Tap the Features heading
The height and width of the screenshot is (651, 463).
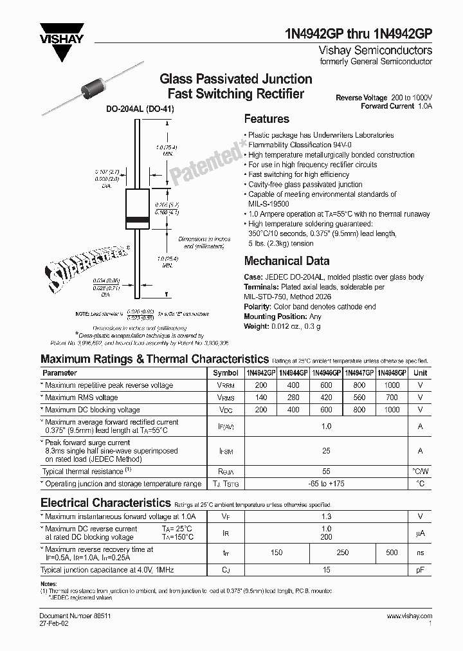point(266,119)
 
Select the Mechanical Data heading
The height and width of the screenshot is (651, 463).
point(286,261)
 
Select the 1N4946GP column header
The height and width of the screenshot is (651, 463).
point(325,373)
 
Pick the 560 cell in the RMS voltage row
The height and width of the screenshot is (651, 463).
point(359,398)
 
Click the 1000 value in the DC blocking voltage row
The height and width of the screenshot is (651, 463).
point(392,410)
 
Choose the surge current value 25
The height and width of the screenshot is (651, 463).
point(326,452)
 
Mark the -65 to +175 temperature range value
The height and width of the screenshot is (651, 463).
point(326,483)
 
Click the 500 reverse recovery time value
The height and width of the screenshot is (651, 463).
point(392,553)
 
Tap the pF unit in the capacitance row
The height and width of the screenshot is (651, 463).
point(420,570)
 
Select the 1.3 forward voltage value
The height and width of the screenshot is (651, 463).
point(326,517)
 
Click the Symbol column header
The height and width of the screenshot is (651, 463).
point(225,373)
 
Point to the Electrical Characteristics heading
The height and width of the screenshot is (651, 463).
point(105,502)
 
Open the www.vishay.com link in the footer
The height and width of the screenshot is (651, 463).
point(409,616)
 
